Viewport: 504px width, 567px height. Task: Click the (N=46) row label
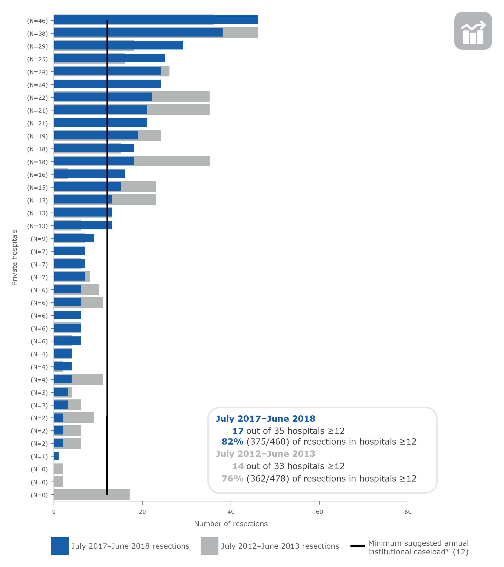[37, 21]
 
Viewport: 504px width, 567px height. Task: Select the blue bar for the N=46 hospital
[155, 20]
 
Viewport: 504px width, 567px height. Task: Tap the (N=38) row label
[37, 34]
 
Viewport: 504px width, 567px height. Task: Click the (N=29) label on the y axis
[37, 46]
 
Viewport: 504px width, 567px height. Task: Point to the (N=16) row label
[37, 175]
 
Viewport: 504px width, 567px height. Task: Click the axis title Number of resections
[231, 524]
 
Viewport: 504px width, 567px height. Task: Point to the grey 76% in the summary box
[232, 479]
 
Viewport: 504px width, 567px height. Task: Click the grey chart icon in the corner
[473, 31]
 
